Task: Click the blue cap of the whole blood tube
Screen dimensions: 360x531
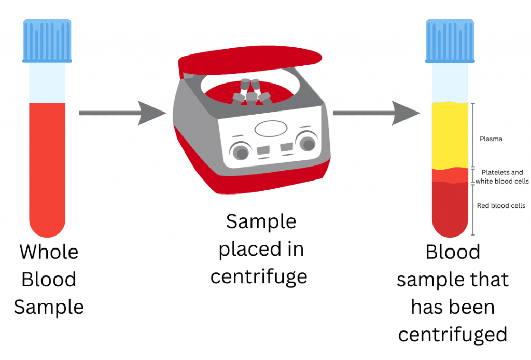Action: [47, 40]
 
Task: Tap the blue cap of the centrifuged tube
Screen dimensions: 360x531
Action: [450, 40]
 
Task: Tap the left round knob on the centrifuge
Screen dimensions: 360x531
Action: [240, 151]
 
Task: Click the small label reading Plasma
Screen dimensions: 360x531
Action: [491, 139]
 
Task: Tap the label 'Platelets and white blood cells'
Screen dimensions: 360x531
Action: [502, 177]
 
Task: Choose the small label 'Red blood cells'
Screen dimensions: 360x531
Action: [501, 206]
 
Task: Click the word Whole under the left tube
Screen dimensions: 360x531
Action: [49, 252]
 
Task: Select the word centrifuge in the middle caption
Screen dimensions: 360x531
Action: [259, 277]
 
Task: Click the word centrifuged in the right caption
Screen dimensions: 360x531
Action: [452, 335]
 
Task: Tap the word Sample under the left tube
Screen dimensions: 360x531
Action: [49, 307]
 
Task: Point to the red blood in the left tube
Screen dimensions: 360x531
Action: [47, 166]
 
